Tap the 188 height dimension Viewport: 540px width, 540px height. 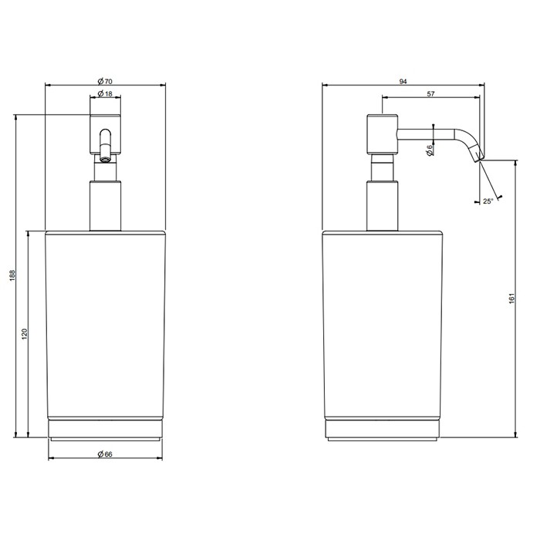(x=12, y=276)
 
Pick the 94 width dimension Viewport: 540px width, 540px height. (x=403, y=80)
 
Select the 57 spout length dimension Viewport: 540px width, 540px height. (x=434, y=94)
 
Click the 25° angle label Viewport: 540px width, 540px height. (x=488, y=201)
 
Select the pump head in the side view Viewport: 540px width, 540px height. (x=381, y=134)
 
